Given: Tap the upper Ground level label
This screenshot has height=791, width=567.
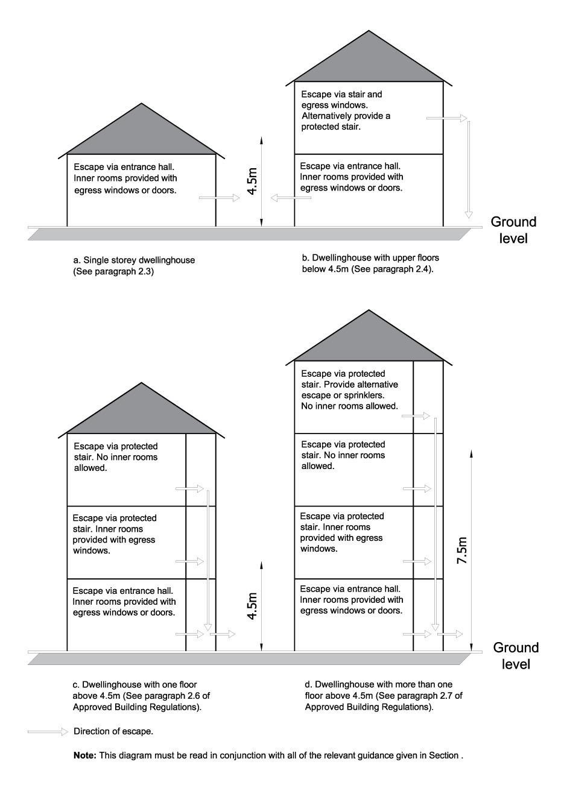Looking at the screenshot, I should point(513,230).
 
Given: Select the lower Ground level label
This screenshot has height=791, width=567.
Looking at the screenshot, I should point(516,656).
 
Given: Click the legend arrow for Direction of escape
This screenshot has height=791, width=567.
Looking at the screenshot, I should point(48,731).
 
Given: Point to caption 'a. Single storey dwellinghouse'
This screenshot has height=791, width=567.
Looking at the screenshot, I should point(134,260).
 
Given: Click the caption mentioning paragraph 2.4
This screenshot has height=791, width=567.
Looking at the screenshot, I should point(370,263).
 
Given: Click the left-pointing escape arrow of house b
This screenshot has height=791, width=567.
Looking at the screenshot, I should point(291,198).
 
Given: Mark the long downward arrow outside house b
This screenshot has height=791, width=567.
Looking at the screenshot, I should point(468,169).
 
